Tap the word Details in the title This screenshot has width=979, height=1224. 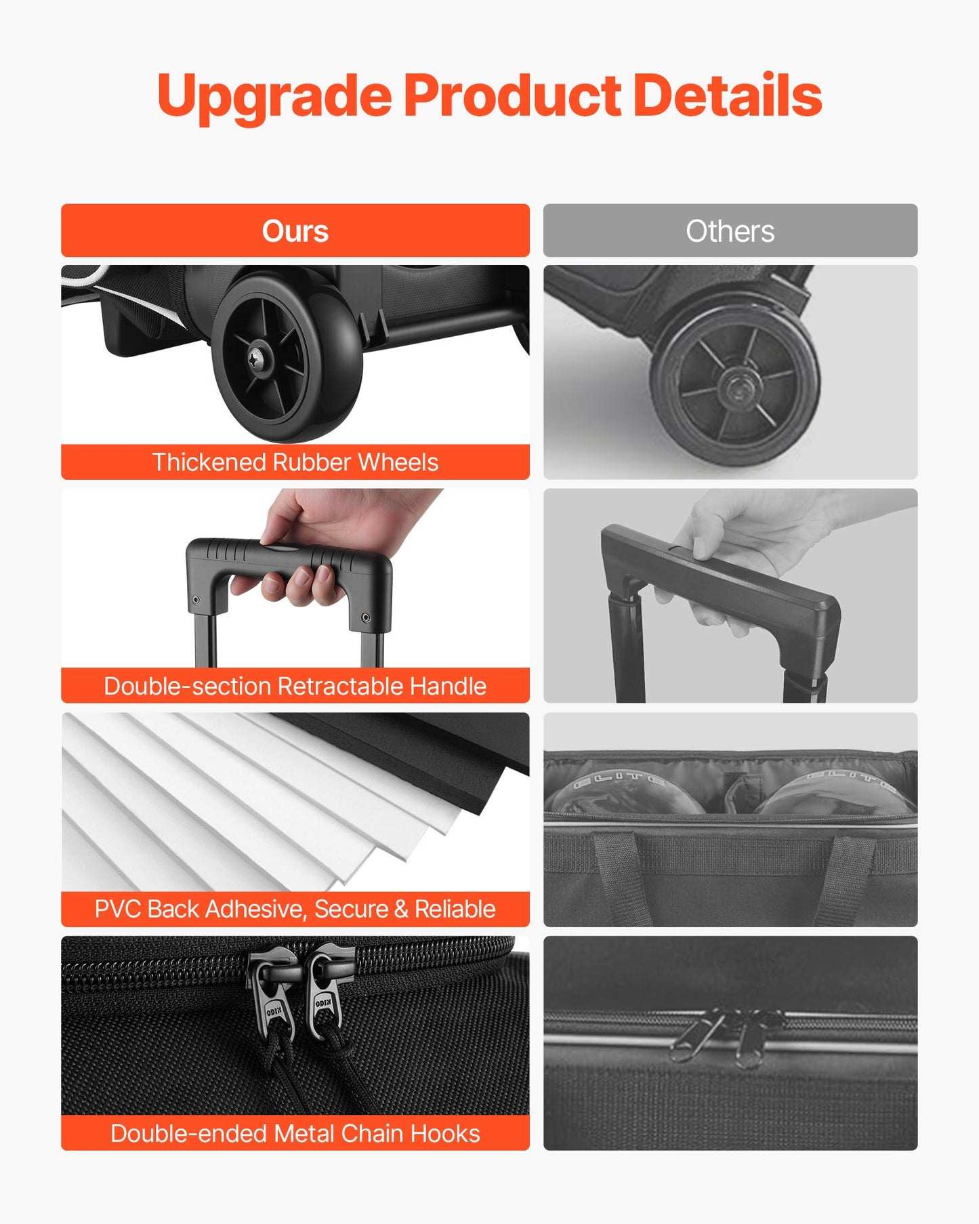[728, 95]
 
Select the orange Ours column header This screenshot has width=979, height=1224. [295, 230]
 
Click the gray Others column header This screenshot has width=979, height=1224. [730, 230]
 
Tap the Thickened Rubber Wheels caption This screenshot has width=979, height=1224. [295, 462]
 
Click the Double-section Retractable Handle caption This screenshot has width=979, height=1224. [295, 686]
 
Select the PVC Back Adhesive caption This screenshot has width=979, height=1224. [295, 909]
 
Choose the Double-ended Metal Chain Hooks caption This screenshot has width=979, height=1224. [295, 1133]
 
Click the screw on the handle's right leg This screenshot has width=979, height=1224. [367, 617]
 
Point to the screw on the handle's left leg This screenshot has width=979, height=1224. [196, 600]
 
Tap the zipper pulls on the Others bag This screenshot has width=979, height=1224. [725, 1034]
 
